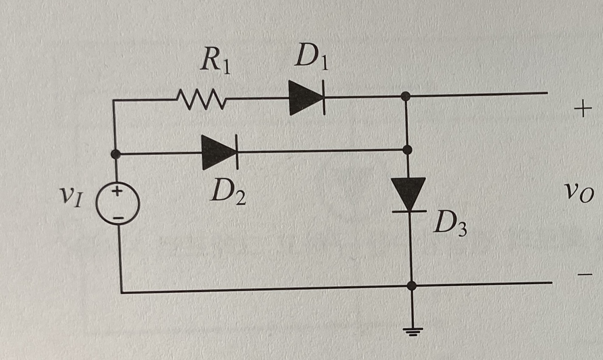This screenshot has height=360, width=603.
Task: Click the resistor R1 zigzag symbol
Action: coord(202,99)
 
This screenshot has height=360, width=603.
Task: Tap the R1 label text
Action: coord(216,62)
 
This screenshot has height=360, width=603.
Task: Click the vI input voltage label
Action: coord(70,196)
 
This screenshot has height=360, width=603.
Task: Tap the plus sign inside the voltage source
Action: coord(118,191)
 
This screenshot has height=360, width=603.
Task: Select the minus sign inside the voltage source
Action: coord(118,218)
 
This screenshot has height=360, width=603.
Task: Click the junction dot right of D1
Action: coord(406,96)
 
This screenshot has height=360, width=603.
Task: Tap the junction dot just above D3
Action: coord(407,150)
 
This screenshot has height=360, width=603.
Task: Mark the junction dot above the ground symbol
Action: coord(411,286)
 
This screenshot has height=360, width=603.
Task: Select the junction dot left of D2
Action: coord(115,154)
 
